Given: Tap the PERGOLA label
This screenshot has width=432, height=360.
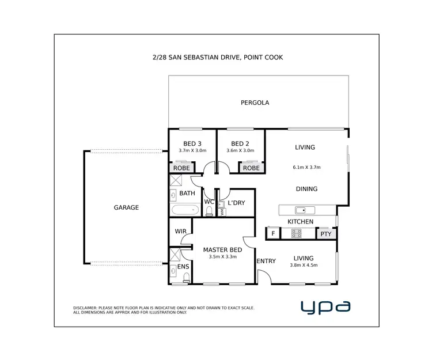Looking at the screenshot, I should coord(255,103).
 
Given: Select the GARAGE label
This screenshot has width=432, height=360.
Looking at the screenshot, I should coord(126,207).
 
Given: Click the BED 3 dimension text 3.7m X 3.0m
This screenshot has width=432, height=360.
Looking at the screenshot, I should coord(192,151).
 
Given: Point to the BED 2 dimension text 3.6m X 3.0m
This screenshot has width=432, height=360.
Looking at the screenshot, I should coord(240,151).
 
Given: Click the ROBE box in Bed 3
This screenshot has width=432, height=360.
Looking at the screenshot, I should coord(180,168).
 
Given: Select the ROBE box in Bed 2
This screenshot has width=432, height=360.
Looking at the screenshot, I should coord(251,168).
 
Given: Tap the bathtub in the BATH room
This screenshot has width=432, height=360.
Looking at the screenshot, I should coord(185,210).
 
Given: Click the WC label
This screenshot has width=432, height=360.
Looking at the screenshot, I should coord(209,202).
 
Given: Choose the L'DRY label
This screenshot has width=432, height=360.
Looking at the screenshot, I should coord(237,203).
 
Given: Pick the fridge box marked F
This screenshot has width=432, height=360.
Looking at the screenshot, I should coord(272,233).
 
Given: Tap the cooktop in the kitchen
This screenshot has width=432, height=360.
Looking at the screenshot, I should coord(297,233).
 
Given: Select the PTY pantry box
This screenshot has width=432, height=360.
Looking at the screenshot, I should coord(325,233).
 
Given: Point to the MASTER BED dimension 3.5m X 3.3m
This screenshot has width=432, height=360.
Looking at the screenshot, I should coord(222,257).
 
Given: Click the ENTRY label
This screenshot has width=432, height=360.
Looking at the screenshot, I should coord(266,261).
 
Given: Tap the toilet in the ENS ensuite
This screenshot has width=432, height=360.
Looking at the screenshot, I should coord(185,279).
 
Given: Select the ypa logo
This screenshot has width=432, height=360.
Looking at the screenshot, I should coord(325,306).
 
